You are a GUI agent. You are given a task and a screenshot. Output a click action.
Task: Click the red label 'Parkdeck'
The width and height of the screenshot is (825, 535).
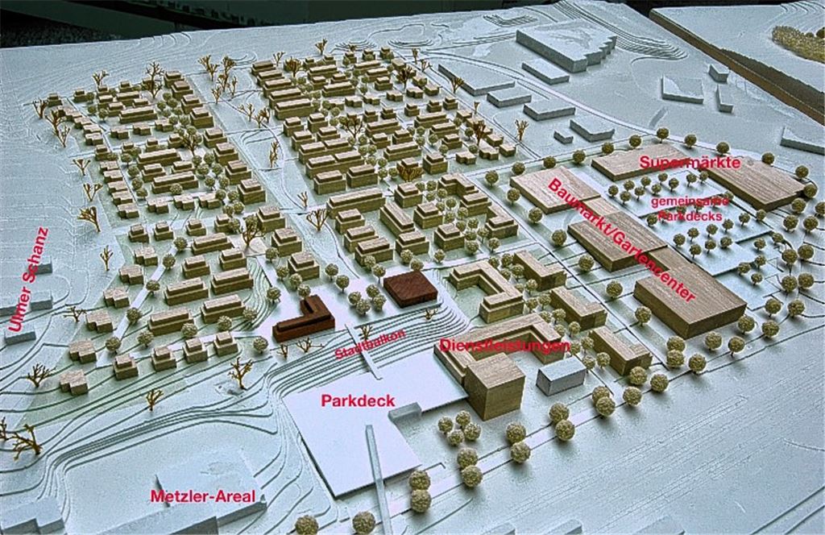tap(351, 400)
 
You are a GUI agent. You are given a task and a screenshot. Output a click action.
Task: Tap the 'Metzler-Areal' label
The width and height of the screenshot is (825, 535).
tap(207, 496)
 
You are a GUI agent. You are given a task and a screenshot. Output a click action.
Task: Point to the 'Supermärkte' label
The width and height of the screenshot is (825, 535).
tap(690, 162)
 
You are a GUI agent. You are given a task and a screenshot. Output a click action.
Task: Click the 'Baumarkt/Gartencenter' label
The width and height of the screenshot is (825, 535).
tap(620, 240)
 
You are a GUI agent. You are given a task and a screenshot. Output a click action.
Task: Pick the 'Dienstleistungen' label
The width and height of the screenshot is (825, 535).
tap(505, 346)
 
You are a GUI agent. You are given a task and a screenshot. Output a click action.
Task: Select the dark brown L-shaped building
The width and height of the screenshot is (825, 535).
tap(303, 321)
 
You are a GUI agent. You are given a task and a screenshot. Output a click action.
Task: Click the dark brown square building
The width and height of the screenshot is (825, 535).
tap(410, 288)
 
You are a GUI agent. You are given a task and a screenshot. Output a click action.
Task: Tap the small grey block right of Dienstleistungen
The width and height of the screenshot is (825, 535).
tap(561, 375)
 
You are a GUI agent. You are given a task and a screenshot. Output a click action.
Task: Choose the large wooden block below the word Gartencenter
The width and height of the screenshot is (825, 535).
tap(690, 301)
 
